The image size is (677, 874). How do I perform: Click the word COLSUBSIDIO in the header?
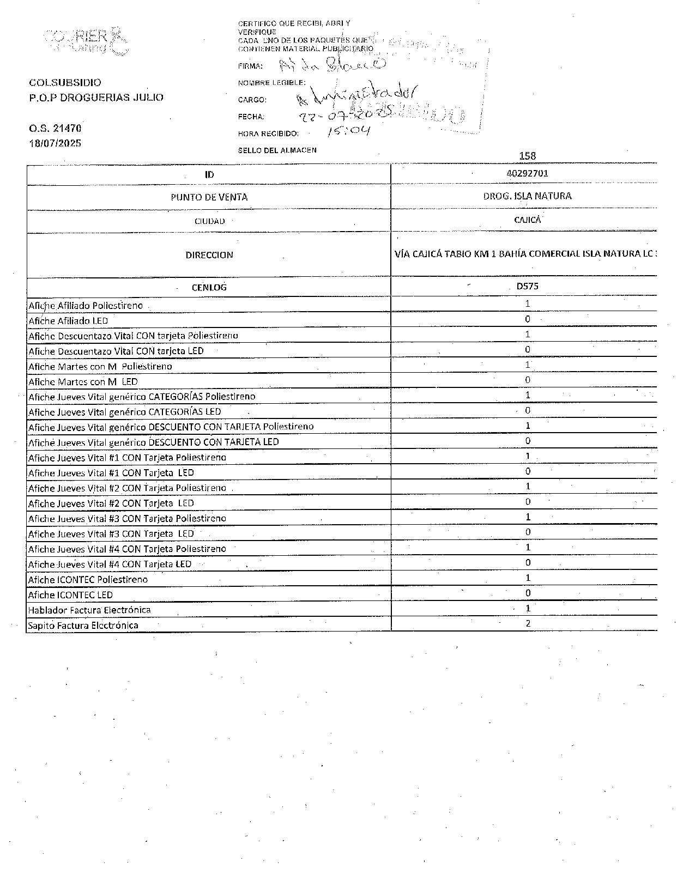(65, 83)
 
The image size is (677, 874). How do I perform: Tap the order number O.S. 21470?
(55, 129)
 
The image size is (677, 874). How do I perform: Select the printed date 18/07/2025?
(55, 143)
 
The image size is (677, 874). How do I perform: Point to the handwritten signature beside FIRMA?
(333, 65)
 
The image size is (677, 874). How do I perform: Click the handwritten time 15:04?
(349, 131)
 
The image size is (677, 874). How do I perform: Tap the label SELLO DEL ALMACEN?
(277, 150)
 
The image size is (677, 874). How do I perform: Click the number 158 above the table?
(527, 156)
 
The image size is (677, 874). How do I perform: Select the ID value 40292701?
(527, 173)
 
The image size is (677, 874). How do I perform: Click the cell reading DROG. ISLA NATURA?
(527, 196)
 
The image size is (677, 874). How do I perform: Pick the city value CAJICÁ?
(527, 220)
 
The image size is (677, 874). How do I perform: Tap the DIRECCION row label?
(209, 255)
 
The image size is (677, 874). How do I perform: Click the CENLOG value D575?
(527, 286)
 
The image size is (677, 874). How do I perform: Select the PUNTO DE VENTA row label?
(209, 197)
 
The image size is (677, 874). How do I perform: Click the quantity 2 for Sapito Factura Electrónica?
(528, 623)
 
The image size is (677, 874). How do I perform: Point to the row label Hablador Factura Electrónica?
(89, 610)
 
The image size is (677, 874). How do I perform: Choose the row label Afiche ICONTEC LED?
(71, 594)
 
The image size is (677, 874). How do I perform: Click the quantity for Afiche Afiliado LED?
(527, 319)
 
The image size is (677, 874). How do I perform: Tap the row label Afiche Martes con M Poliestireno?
(100, 366)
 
